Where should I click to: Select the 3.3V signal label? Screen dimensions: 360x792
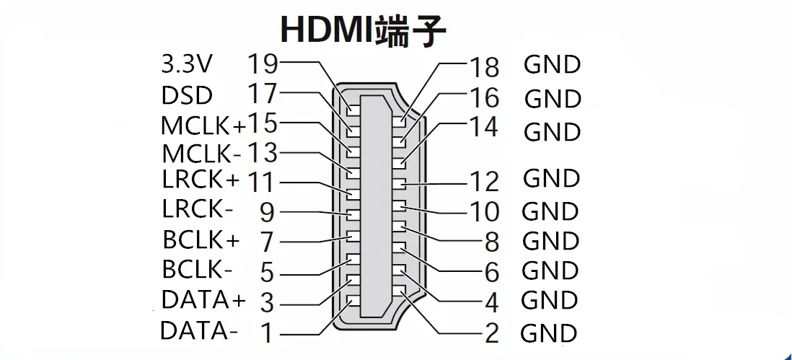coord(186,65)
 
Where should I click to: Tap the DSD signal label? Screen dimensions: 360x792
coord(187,95)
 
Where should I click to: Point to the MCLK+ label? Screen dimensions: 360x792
coord(203,126)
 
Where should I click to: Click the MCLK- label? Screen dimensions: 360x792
coord(201,154)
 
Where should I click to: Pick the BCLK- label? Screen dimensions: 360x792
coord(197,269)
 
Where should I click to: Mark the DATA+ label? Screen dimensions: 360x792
coord(203,299)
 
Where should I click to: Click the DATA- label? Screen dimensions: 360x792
coord(199,331)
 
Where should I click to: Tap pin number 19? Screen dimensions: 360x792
coord(263,63)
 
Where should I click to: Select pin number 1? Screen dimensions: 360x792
coord(266,333)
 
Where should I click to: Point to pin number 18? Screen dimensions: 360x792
coord(484,67)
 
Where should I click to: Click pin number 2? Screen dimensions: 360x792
coord(492,333)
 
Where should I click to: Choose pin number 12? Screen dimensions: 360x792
coord(484,180)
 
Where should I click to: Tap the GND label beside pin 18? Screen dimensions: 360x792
coord(552,65)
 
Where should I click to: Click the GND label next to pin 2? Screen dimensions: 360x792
coord(549,333)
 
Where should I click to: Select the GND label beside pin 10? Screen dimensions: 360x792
coord(550,211)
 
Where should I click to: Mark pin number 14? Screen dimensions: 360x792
coord(484,127)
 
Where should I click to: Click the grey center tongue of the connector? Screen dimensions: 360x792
coord(375,209)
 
